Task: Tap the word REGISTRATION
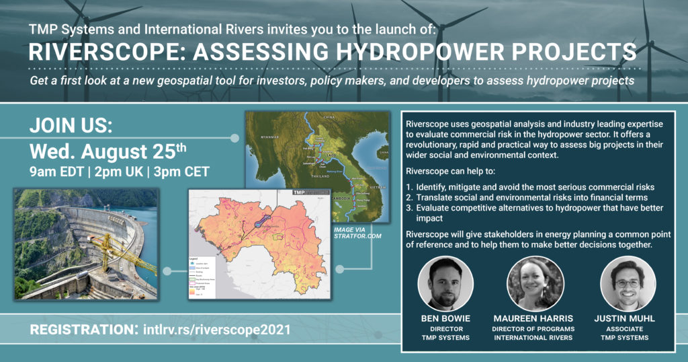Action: click(80, 330)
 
